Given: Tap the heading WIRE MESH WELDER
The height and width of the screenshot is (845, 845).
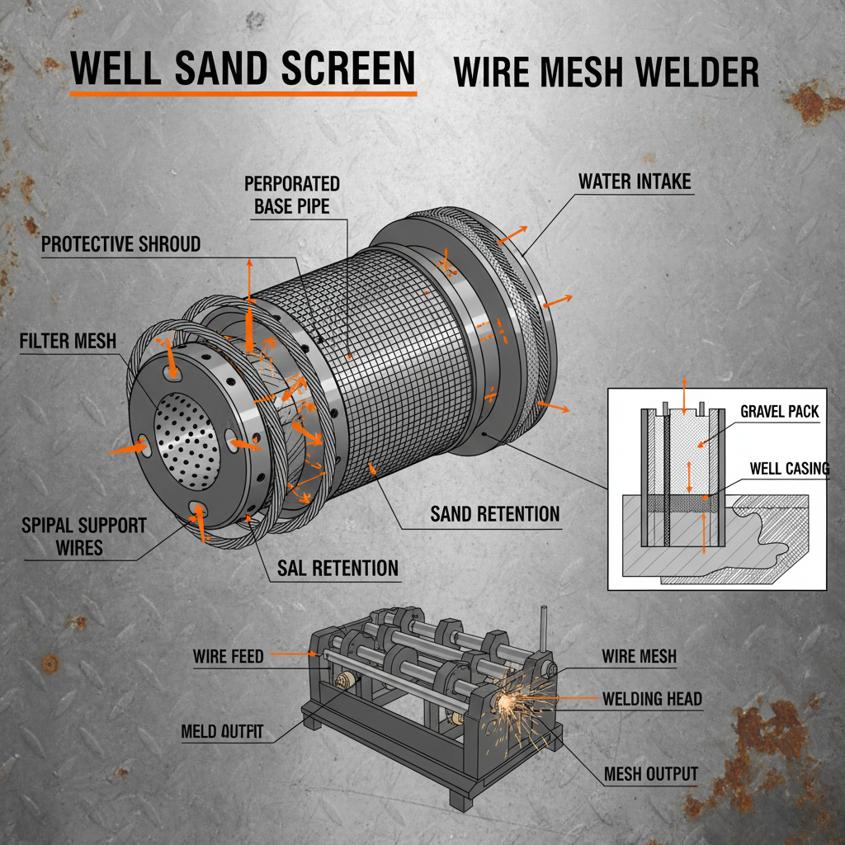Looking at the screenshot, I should coord(606,73).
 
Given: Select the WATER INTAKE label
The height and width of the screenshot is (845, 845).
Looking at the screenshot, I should coord(634,182).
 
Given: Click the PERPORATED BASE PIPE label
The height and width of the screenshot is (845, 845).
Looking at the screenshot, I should coord(291,195).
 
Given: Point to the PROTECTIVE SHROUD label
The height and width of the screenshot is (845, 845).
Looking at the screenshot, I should coord(120,244).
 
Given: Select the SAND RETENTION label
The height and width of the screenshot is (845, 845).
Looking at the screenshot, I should coord(494,514).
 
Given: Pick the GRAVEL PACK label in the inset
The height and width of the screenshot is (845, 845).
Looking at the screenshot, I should coord(779,411).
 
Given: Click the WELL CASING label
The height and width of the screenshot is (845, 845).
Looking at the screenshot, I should coord(789,469).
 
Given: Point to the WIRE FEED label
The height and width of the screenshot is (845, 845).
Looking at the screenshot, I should coord(229,657).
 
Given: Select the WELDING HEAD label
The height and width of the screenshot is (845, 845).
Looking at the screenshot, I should coord(652,699).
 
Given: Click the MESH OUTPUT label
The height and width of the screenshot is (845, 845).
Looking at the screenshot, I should coord(650,774).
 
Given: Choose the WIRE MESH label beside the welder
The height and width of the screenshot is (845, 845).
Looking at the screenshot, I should coord(639,657).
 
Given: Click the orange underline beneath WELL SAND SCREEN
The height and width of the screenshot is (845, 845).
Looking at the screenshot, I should coord(243,93).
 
